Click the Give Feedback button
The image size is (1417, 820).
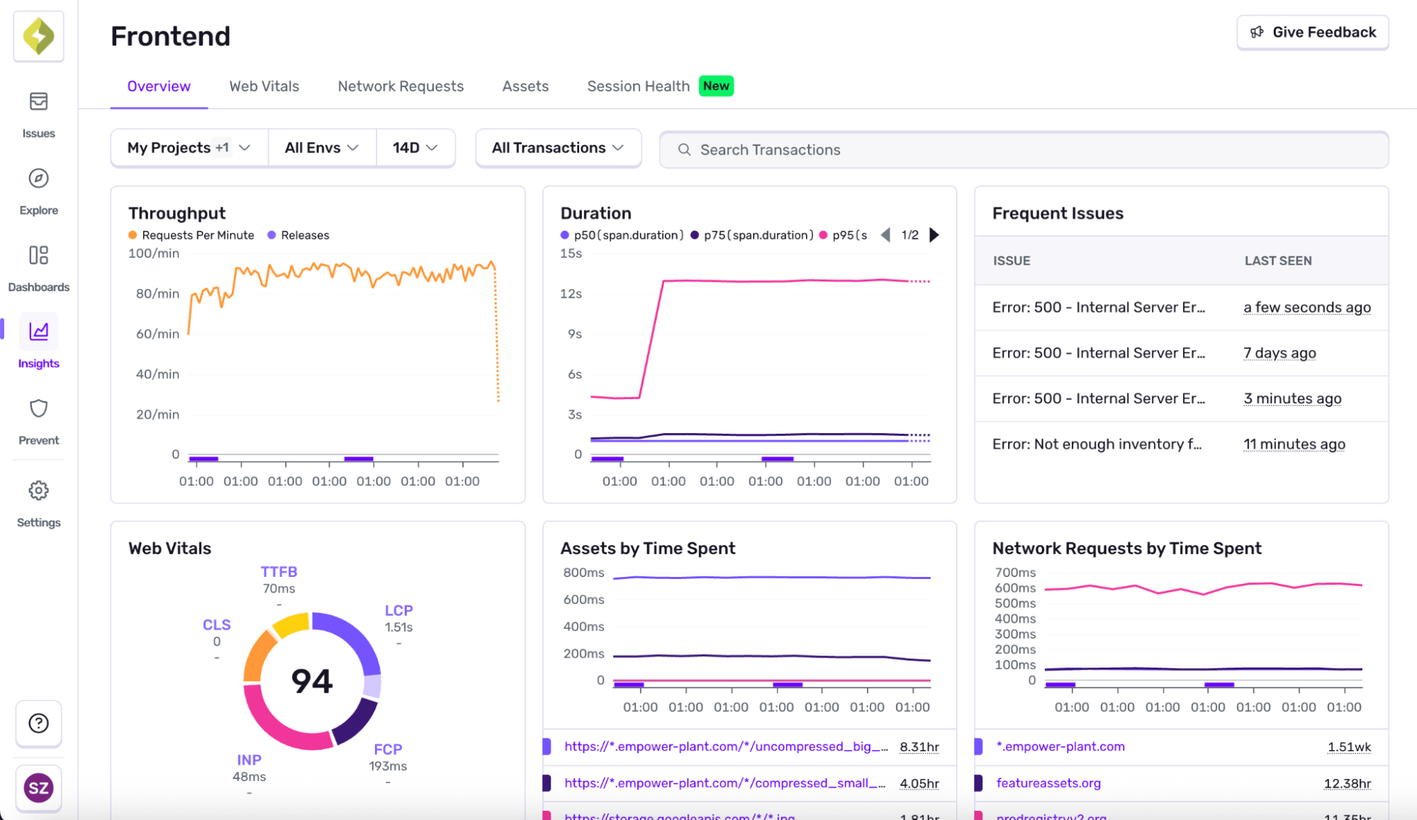1312,33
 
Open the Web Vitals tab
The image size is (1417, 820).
264,86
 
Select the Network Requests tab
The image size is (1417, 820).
401,86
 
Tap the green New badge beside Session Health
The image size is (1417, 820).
716,86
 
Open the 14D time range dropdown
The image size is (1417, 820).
415,147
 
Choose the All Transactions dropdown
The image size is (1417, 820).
558,147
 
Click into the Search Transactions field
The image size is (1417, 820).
1023,150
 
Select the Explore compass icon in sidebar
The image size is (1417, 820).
38,179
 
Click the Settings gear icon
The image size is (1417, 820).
38,490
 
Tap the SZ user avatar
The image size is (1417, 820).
38,787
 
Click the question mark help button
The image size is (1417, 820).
38,723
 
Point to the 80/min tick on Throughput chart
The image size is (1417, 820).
157,293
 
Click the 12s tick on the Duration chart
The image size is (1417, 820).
571,293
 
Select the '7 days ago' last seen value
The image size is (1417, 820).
1279,353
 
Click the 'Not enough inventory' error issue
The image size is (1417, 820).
1097,444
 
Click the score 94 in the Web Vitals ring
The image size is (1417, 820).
312,681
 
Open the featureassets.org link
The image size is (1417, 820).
1048,783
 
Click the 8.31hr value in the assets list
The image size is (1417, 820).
919,746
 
